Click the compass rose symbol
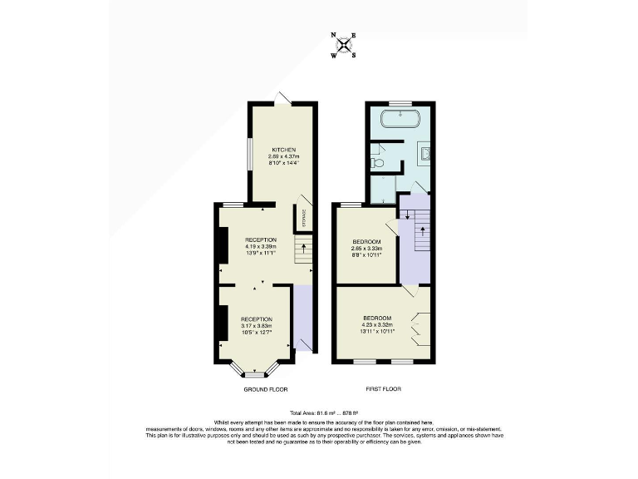[344, 45]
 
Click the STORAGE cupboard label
[304, 218]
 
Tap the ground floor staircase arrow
[304, 246]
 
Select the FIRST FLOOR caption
[383, 388]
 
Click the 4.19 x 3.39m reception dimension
[260, 246]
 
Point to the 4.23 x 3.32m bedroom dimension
[378, 325]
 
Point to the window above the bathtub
[401, 103]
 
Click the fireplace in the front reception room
[223, 323]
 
